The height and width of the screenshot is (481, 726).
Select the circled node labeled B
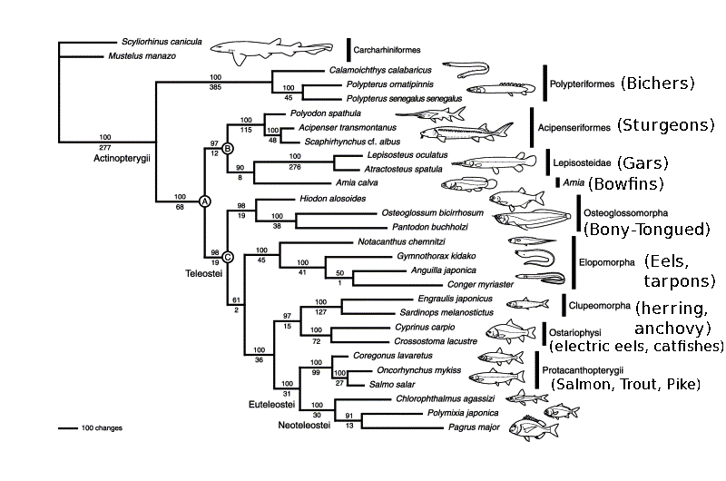pos(229,148)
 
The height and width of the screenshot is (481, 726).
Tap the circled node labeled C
pos(229,257)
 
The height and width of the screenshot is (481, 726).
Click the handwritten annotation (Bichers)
pos(658,83)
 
